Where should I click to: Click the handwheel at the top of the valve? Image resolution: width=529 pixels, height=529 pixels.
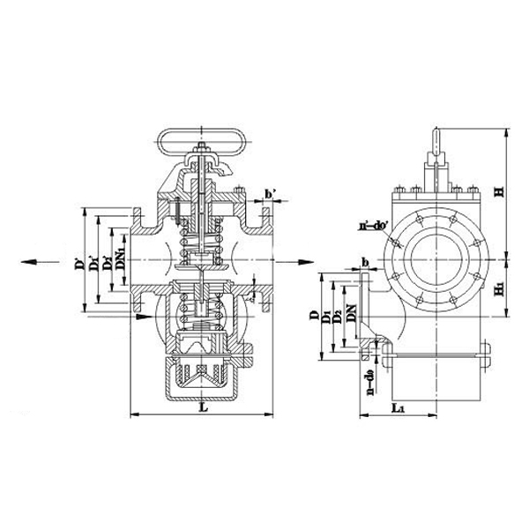(x=201, y=138)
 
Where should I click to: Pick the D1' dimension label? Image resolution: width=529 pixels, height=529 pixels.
(x=94, y=262)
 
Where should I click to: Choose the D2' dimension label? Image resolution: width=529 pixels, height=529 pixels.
(x=107, y=262)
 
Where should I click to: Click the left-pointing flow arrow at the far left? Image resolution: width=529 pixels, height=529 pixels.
(x=31, y=261)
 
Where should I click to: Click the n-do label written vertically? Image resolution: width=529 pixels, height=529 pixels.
(x=366, y=384)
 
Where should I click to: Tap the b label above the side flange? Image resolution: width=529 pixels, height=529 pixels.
(x=364, y=262)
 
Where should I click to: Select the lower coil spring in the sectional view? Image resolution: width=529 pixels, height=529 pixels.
(x=202, y=309)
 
